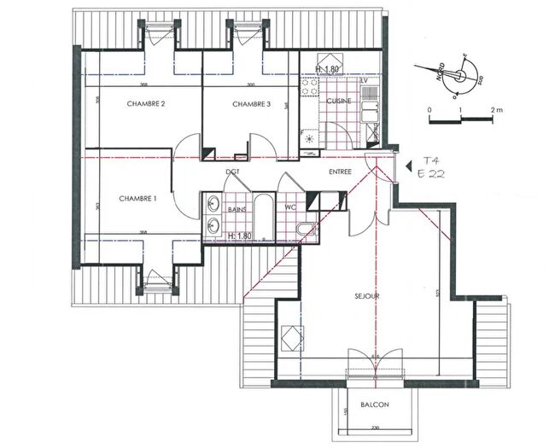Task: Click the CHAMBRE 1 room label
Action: pos(137,198)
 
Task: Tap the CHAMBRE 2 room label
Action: pos(145,104)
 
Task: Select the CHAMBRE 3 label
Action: pos(251,104)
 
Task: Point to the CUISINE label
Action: pos(339,101)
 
